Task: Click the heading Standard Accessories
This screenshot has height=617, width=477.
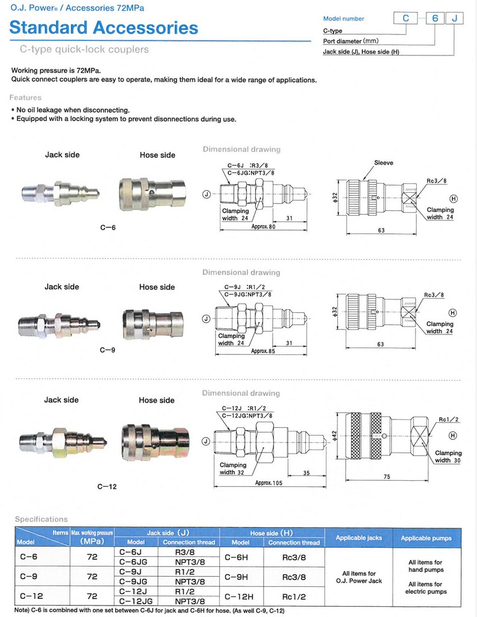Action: [x=104, y=28]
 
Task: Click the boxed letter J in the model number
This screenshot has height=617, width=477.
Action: [x=454, y=19]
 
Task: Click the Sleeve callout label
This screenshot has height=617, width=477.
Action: [x=384, y=163]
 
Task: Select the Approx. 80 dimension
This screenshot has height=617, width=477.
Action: [x=263, y=227]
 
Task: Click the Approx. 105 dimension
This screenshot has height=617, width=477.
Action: [x=269, y=483]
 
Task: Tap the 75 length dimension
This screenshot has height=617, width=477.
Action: [x=386, y=476]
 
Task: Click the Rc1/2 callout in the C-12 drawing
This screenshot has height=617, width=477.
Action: [x=448, y=419]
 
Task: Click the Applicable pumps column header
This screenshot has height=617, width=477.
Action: [x=426, y=537]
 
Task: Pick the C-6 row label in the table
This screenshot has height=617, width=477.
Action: [x=28, y=557]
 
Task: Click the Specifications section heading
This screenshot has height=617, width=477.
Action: [x=42, y=519]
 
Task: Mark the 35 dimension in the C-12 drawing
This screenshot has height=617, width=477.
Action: [x=306, y=473]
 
